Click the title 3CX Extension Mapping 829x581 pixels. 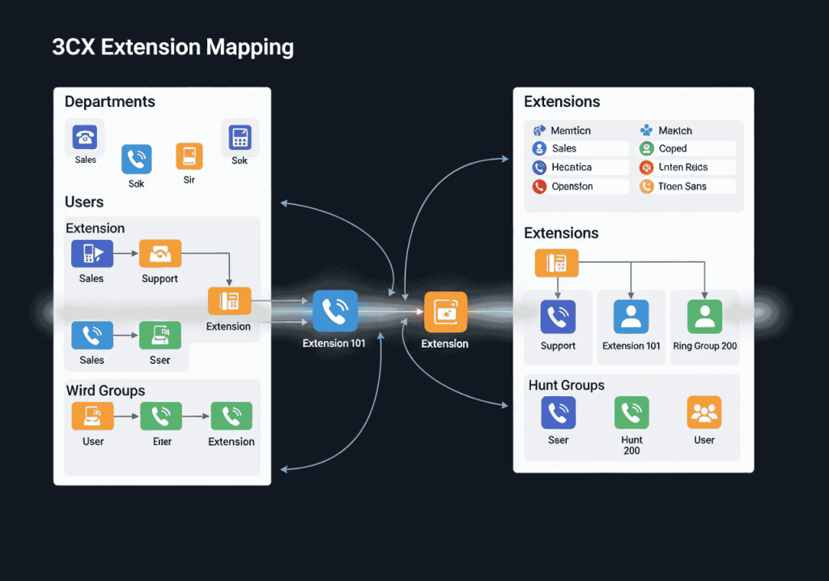click(172, 47)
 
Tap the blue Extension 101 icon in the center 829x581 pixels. click(334, 311)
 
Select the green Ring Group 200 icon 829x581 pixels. click(704, 317)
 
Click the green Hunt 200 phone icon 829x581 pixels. click(631, 413)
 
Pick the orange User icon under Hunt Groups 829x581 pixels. click(704, 413)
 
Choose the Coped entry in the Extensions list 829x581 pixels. click(687, 148)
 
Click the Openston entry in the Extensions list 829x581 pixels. click(580, 186)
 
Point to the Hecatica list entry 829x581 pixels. click(580, 168)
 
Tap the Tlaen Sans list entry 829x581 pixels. click(687, 186)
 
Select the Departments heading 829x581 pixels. click(109, 101)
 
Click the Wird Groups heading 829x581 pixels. click(105, 391)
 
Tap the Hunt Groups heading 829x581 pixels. click(566, 385)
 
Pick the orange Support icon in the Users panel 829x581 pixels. click(159, 254)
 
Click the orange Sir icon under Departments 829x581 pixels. click(189, 156)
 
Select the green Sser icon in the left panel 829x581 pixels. click(159, 335)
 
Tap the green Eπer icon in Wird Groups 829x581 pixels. click(160, 417)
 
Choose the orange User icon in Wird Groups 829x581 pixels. click(92, 417)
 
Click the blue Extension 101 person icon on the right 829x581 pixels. click(631, 317)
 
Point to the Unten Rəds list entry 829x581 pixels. click(687, 168)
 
